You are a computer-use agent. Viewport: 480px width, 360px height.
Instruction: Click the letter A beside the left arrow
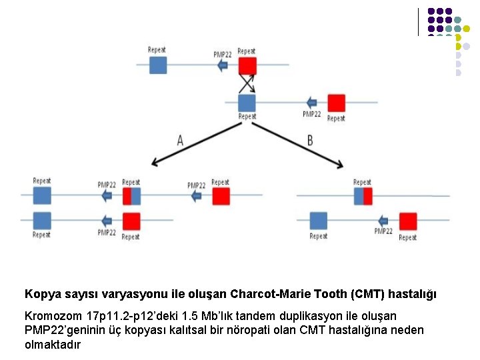click(180, 141)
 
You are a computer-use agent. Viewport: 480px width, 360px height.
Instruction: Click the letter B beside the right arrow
click(310, 141)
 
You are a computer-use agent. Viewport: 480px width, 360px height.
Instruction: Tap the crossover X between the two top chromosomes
click(247, 83)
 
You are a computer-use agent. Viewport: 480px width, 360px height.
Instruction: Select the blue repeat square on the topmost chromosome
click(158, 65)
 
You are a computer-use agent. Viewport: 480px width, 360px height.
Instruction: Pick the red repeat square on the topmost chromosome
click(247, 65)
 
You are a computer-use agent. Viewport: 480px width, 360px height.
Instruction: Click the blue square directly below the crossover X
click(247, 103)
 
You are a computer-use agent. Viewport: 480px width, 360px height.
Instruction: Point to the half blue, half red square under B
click(363, 196)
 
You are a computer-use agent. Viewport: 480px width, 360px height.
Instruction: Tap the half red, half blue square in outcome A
click(131, 196)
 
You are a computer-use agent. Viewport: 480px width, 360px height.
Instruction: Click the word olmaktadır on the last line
click(53, 345)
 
